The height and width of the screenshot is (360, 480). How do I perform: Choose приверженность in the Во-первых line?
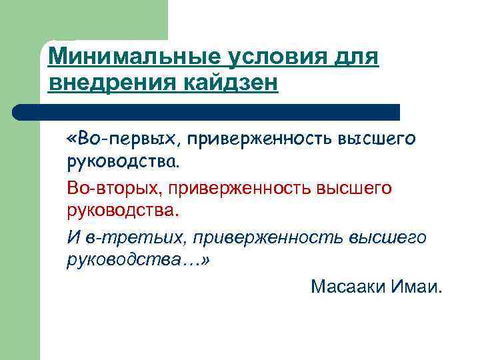(259, 139)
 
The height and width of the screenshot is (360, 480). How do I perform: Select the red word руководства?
(123, 212)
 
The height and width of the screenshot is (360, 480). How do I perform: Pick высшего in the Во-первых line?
(377, 139)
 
